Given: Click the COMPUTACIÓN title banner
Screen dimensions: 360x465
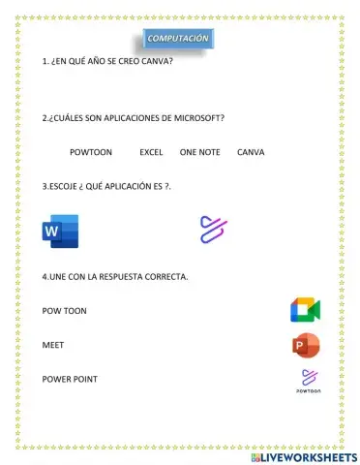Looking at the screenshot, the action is [x=177, y=38].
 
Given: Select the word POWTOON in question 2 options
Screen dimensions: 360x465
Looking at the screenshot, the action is [x=91, y=152].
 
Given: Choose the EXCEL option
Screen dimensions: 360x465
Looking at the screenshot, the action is [x=151, y=152].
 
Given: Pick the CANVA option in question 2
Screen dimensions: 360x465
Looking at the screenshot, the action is [x=251, y=152].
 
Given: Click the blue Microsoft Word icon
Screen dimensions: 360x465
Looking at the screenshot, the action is [x=60, y=231].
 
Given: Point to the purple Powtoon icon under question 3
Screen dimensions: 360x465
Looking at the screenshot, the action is [x=213, y=229].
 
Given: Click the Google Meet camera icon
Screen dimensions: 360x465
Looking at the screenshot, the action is [x=305, y=310].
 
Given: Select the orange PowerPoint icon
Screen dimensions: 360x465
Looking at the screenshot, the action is [x=306, y=345].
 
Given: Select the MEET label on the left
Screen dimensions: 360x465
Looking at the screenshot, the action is [x=53, y=345].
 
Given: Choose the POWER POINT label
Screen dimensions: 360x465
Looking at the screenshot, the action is [x=70, y=379].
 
